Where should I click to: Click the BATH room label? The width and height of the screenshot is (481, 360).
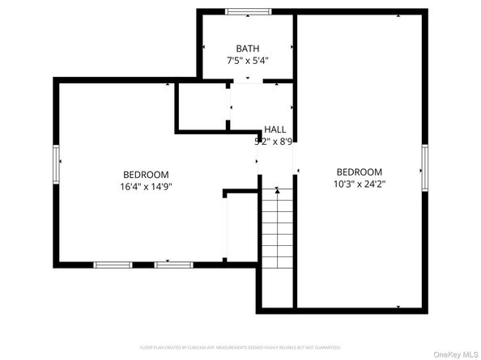pos(247,49)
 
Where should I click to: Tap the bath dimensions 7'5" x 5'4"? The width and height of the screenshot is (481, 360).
pos(247,60)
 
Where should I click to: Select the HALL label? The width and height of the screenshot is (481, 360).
pos(275,129)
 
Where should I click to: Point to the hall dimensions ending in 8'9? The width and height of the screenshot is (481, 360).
pos(274,142)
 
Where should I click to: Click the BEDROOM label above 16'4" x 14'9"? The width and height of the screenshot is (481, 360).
pos(146,174)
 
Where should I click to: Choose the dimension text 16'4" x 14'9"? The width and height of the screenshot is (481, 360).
pos(146,186)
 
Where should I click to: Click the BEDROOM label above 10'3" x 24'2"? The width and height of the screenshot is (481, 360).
pos(359,172)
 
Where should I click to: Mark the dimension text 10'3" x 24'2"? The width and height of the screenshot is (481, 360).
pos(359,184)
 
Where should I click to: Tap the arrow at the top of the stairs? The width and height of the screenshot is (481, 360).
pos(277,191)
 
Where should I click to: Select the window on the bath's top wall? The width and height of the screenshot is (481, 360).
pos(247,11)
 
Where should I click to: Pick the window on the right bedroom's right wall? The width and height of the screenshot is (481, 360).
pos(423,168)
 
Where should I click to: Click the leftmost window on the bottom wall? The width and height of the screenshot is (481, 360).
pos(113,265)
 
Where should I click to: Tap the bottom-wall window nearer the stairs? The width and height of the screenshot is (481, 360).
pos(173,265)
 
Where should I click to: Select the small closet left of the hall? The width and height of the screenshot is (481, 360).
pos(202,105)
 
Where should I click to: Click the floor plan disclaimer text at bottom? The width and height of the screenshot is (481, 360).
pos(240,347)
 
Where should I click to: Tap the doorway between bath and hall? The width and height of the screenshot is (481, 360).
pos(247,81)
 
